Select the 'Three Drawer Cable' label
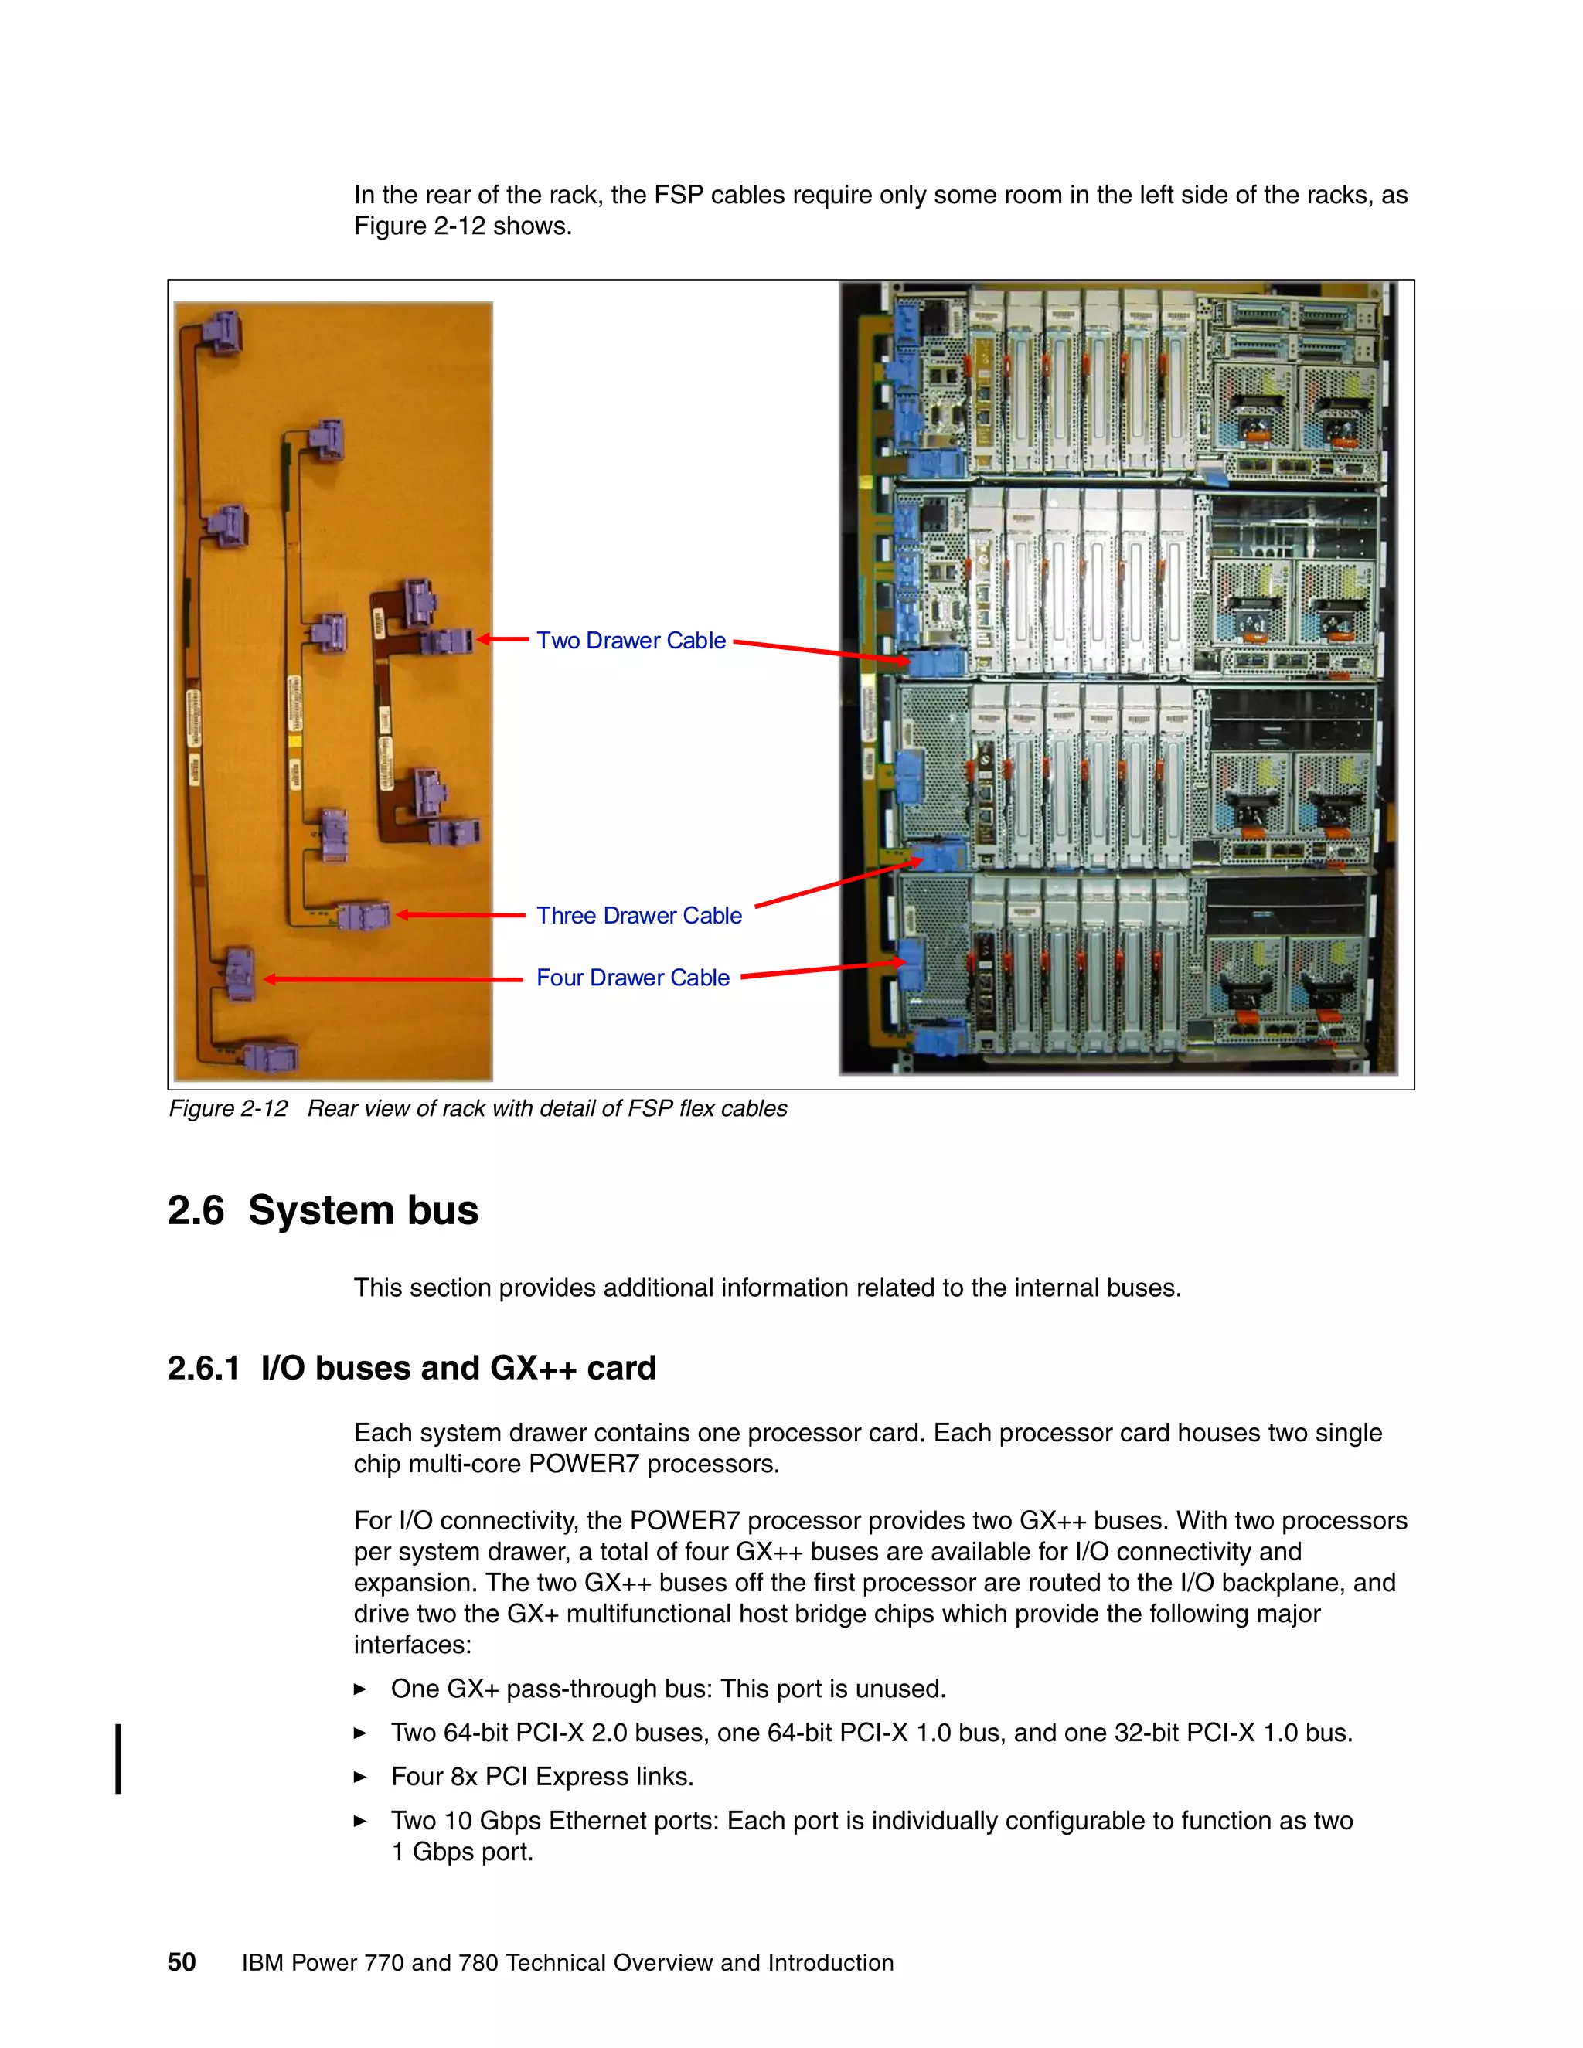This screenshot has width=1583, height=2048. pos(638,915)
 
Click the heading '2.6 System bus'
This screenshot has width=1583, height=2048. pos(322,1209)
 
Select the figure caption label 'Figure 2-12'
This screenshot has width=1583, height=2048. pos(228,1108)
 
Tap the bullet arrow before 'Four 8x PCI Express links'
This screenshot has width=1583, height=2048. pos(360,1777)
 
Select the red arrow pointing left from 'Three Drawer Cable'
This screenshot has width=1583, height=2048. pos(460,915)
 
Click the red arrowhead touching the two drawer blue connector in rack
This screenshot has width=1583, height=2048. pos(900,661)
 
